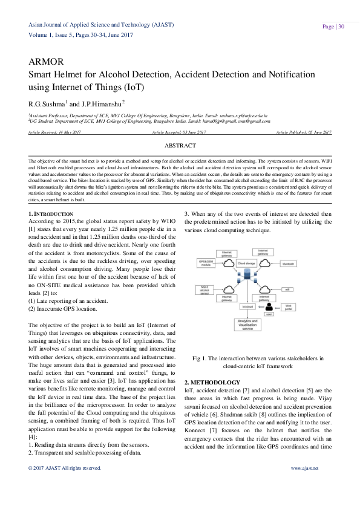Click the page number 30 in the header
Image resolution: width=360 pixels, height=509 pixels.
(x=342, y=27)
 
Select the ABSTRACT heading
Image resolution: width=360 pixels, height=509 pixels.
(x=180, y=146)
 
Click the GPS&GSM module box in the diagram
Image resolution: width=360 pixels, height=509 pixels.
(x=208, y=264)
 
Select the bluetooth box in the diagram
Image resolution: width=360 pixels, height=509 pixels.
(x=288, y=264)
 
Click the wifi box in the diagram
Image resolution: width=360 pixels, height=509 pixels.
(x=288, y=290)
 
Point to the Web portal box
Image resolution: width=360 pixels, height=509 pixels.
(x=289, y=308)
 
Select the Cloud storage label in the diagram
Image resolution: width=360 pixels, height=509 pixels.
(x=245, y=264)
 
